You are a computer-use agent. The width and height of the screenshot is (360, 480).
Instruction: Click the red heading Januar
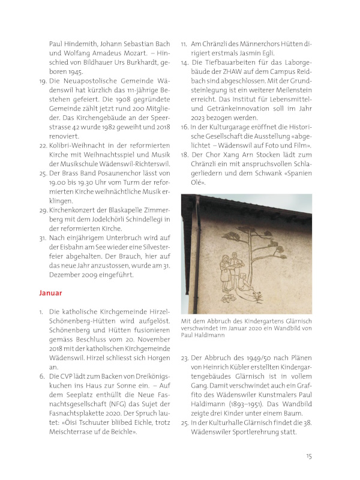(50, 293)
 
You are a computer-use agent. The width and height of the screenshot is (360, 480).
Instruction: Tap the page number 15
(308, 455)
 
